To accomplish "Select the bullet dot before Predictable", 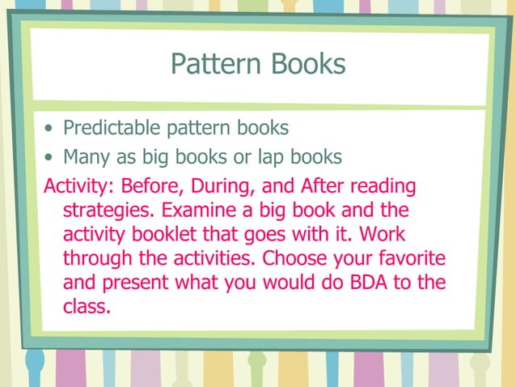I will (x=51, y=129).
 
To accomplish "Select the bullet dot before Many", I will (x=51, y=156).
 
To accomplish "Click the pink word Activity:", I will (x=79, y=186).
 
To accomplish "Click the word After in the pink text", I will (x=322, y=186).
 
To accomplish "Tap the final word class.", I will (x=86, y=308).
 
